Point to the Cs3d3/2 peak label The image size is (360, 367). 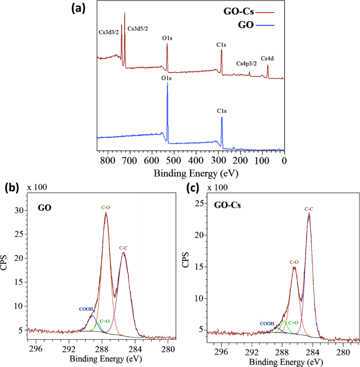pos(109,32)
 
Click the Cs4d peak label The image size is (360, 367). pos(267,58)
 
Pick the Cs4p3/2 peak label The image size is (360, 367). pos(246,63)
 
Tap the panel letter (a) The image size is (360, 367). pos(78,8)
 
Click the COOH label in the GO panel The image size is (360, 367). pos(87,310)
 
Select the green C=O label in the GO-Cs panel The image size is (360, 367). pos(293,323)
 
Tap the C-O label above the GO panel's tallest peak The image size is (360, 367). pos(106,207)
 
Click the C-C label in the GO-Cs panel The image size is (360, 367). pos(309,209)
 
